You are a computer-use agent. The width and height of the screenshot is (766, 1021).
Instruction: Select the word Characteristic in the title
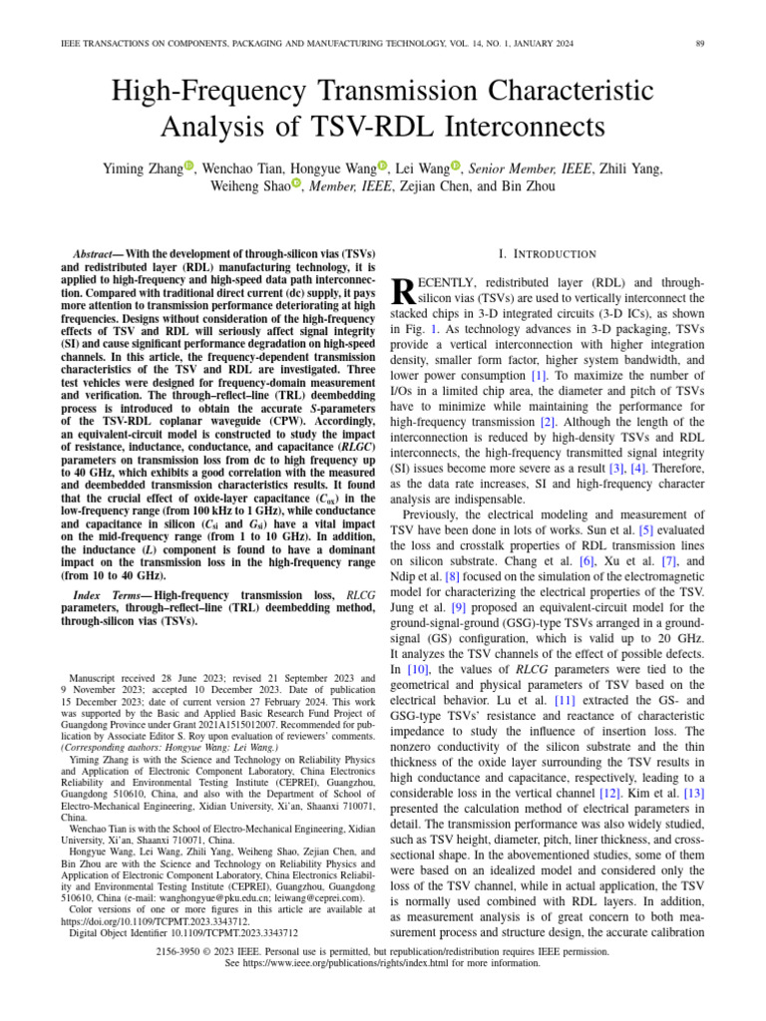(572, 91)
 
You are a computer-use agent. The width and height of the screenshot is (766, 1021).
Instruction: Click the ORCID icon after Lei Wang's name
(456, 167)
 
